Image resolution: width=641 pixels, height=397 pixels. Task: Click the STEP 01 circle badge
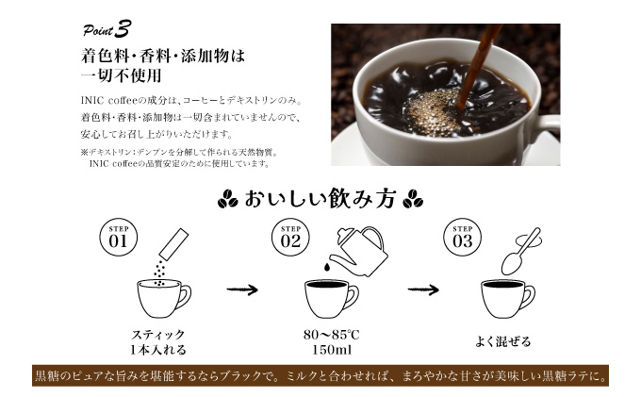[118, 237]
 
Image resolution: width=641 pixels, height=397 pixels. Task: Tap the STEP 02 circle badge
[289, 237]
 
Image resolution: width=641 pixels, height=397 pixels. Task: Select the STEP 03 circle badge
[462, 237]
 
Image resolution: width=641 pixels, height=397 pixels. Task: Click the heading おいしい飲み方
[320, 200]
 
